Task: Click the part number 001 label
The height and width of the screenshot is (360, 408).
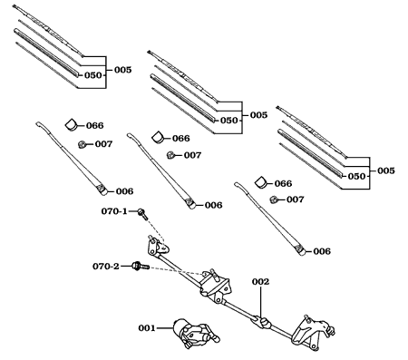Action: click(148, 327)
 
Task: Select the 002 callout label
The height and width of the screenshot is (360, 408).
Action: click(260, 282)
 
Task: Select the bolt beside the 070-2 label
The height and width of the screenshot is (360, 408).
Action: click(137, 267)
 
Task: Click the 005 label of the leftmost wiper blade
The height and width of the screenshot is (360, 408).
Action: click(121, 69)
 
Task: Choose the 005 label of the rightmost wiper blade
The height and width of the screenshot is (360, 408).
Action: click(386, 170)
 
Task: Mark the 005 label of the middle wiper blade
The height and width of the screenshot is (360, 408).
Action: click(257, 115)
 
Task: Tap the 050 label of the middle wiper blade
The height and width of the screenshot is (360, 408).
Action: click(229, 120)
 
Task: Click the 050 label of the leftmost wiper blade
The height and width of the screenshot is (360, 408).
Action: click(93, 75)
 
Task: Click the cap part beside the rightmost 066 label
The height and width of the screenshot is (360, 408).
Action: click(261, 183)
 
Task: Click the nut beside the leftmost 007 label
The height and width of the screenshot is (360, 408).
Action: click(83, 143)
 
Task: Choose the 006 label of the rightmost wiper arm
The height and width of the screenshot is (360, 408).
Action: click(322, 250)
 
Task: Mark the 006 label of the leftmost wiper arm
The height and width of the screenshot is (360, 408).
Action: click(124, 190)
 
